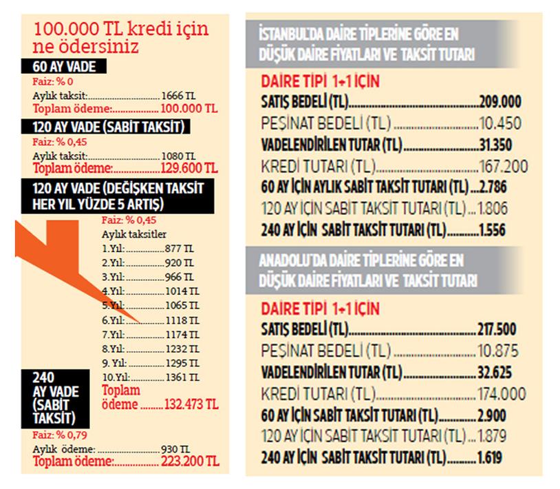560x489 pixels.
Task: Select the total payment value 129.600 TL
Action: tap(189, 168)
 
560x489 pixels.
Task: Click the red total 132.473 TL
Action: tap(190, 405)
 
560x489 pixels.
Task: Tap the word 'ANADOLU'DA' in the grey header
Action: tap(290, 262)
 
